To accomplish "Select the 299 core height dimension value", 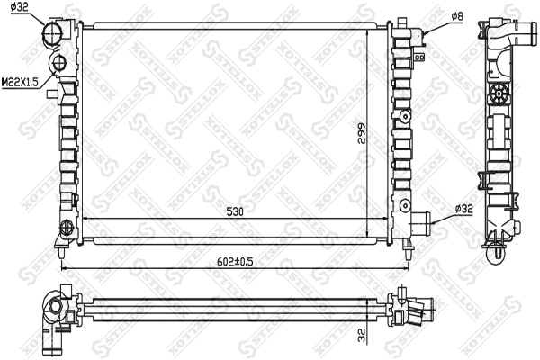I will point(359,132).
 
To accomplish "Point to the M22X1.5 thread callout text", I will point(20,82).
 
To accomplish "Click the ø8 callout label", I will point(456,16).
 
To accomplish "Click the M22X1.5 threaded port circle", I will point(58,64).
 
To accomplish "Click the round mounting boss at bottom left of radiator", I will point(66,229).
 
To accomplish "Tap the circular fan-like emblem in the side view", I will point(498,95).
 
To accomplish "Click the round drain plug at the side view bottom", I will point(498,256).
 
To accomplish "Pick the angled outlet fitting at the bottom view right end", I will point(414,314).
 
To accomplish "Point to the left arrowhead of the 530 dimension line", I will point(85,219).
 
